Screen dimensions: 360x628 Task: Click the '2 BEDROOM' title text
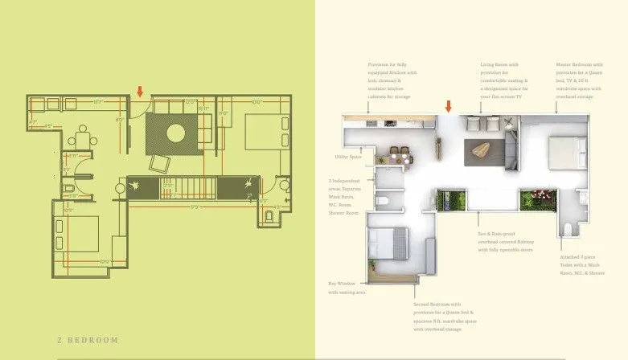click(x=88, y=340)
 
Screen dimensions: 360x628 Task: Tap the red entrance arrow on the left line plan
click(x=140, y=91)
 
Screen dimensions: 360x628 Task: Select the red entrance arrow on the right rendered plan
click(x=449, y=105)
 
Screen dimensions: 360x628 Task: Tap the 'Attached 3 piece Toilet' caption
click(x=582, y=265)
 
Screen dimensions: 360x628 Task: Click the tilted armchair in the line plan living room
click(x=159, y=163)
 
